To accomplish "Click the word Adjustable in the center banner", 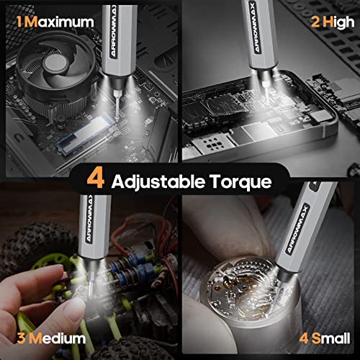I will [x=153, y=180].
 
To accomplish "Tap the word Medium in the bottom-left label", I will [x=55, y=338].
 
